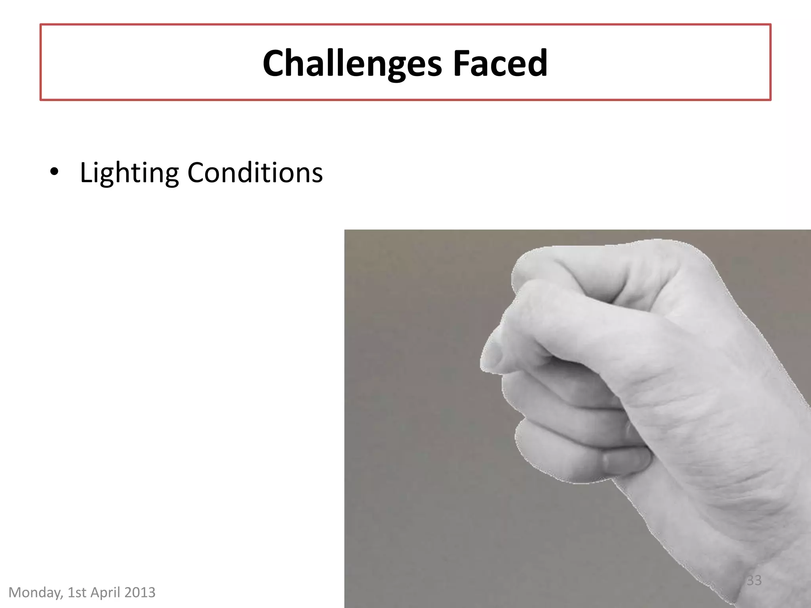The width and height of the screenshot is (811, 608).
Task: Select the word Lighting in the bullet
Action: (129, 173)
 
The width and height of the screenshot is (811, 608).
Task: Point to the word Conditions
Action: (255, 173)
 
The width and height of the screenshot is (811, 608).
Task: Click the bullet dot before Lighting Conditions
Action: (54, 172)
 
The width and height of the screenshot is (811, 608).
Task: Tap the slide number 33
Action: (754, 580)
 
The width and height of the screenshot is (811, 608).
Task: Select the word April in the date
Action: (106, 593)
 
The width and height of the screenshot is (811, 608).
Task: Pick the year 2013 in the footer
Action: (140, 593)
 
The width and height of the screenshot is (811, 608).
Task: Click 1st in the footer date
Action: (77, 593)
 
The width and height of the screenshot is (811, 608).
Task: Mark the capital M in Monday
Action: (15, 593)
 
